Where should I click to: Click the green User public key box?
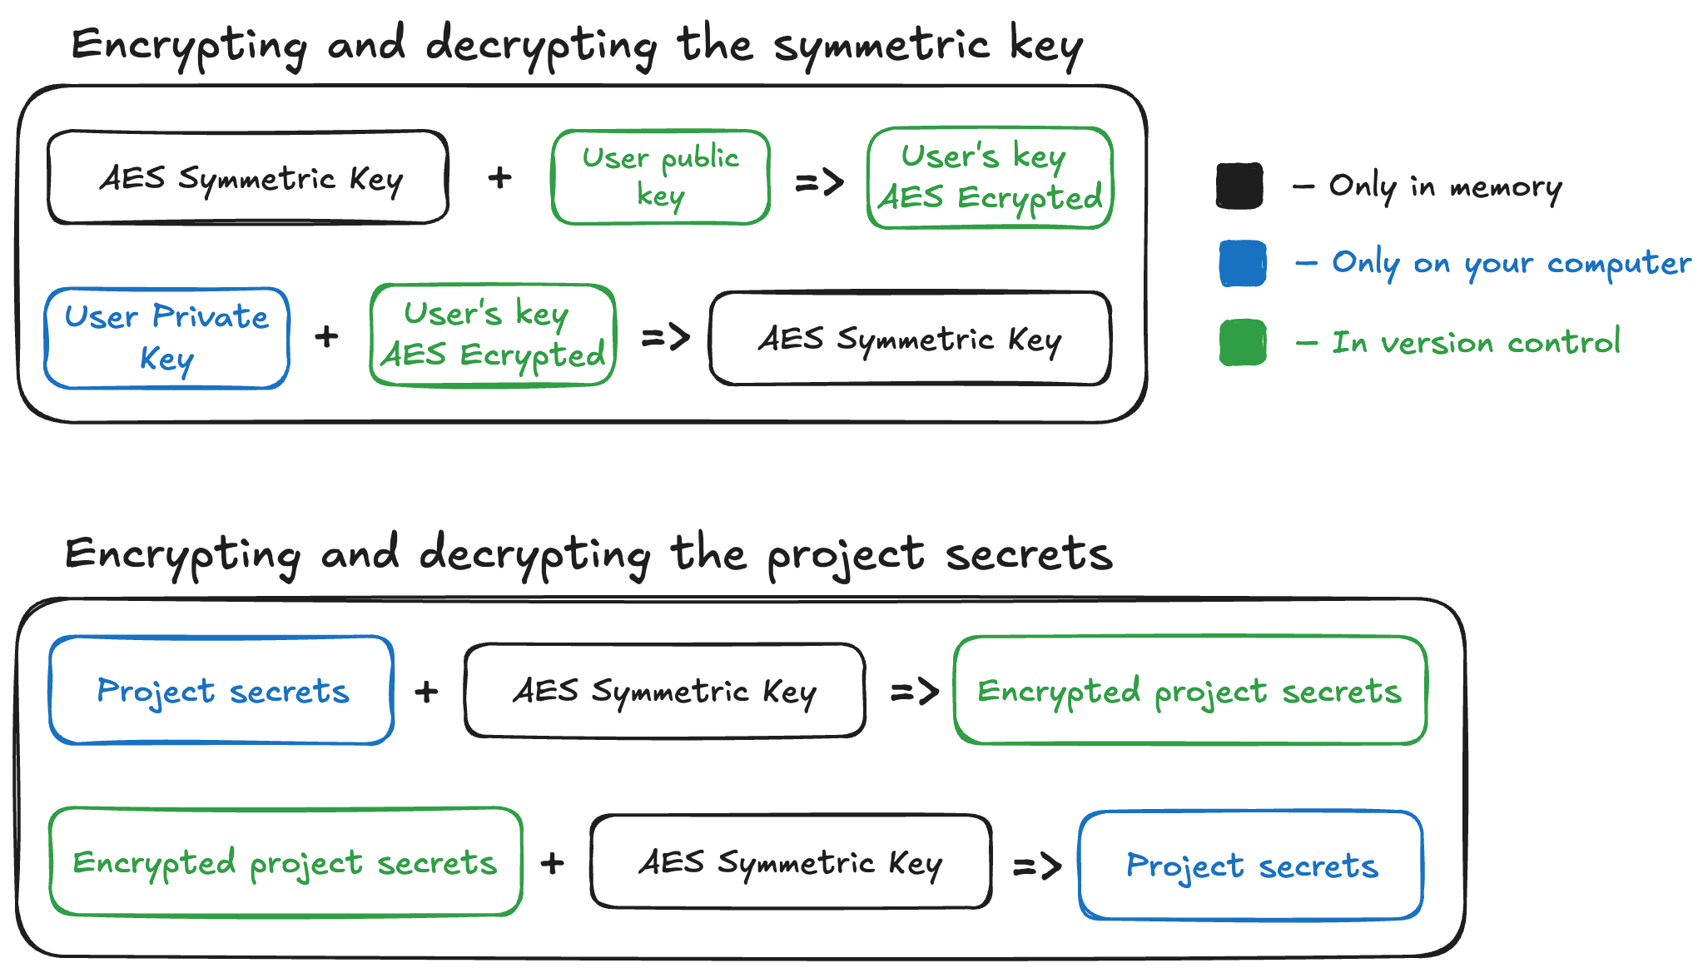coord(660,176)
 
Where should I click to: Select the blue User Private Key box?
coord(166,338)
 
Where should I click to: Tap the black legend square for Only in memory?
coord(1239,186)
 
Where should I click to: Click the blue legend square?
coord(1243,263)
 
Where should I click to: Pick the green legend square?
coord(1243,342)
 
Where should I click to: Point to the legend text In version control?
coord(1476,342)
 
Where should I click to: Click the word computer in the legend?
coord(1619,264)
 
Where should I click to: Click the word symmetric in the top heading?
coord(881,45)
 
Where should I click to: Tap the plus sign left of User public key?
coord(499,177)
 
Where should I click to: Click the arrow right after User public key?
coord(819,181)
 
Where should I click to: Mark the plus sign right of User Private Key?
coord(326,336)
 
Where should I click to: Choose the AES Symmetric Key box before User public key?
coord(248,177)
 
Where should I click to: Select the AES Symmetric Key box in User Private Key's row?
coord(910,339)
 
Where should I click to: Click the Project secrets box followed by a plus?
coord(221,690)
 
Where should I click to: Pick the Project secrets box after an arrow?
coord(1251,865)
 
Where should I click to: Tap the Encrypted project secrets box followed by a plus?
coord(285,861)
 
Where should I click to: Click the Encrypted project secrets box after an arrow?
coord(1190,690)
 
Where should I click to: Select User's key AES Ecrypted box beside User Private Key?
coord(493,335)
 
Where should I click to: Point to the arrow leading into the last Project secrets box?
coord(1037,866)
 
